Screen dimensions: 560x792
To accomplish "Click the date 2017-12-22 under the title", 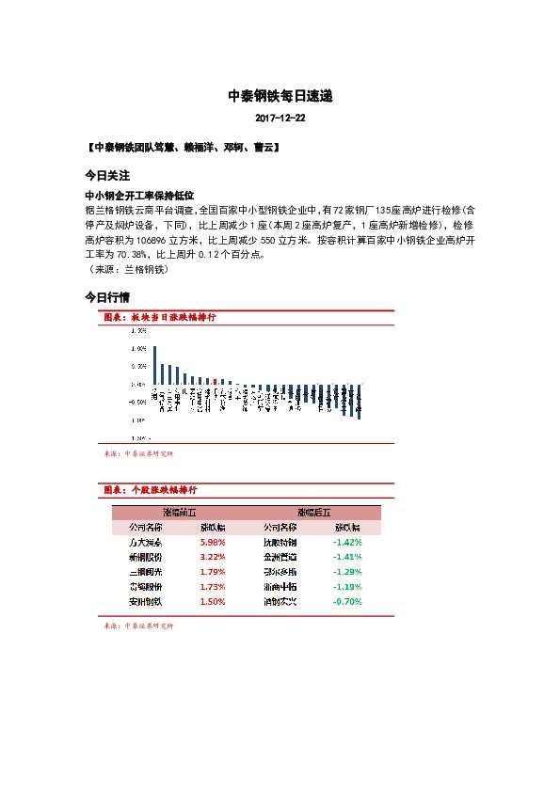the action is pos(280,119).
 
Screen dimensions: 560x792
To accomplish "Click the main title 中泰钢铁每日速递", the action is pos(280,96).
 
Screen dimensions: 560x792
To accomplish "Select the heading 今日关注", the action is pos(106,176).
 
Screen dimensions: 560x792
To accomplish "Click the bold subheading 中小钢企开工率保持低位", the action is pos(139,195).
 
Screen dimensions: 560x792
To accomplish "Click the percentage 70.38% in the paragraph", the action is pos(130,254).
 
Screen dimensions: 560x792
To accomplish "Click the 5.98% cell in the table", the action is pos(212,543).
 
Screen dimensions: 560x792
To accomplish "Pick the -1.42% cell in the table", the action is pos(347,543).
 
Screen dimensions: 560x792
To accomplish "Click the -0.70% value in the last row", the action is pos(347,601).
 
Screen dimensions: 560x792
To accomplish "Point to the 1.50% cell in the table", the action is pos(212,601).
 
